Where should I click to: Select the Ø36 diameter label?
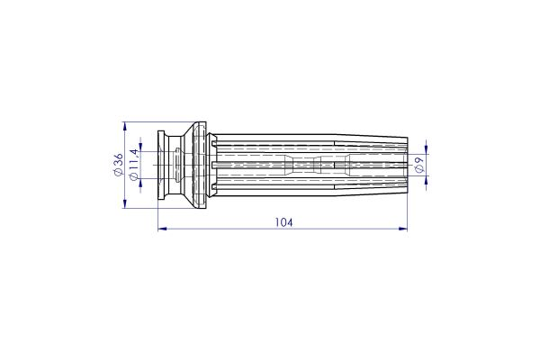point(117,165)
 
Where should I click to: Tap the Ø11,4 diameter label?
point(133,165)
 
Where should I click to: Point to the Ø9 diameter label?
point(419,165)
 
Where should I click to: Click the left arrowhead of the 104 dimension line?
point(162,229)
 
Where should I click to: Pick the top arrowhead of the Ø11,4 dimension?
point(139,149)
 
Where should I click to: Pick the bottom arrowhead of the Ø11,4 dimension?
point(139,181)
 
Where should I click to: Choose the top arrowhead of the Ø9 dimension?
point(425,149)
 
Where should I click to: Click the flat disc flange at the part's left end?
point(161,165)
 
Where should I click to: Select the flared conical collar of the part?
point(193,165)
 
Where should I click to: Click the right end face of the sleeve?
point(407,165)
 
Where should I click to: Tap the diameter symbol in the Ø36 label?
point(117,174)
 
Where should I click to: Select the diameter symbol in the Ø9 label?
point(419,170)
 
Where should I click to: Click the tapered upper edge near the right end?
point(369,140)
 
